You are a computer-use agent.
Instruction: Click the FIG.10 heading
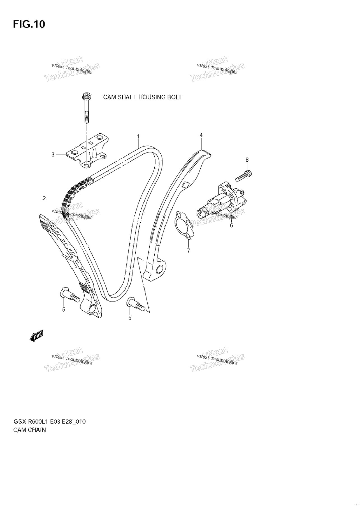(x=29, y=24)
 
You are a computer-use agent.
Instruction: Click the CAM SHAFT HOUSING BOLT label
(x=142, y=97)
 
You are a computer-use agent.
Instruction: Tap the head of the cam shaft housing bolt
(x=86, y=96)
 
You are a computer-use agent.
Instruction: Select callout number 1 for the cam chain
(x=138, y=136)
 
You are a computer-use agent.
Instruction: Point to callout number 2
(x=44, y=199)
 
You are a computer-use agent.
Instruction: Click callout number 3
(x=53, y=154)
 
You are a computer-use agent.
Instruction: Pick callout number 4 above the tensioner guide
(x=201, y=135)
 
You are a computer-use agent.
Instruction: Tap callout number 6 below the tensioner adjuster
(x=231, y=225)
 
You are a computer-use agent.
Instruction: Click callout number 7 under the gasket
(x=188, y=251)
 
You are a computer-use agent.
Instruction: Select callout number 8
(x=247, y=160)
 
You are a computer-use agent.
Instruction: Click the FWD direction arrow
(x=36, y=336)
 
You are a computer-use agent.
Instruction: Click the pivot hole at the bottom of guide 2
(x=92, y=310)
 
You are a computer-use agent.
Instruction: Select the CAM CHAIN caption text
(x=29, y=430)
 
